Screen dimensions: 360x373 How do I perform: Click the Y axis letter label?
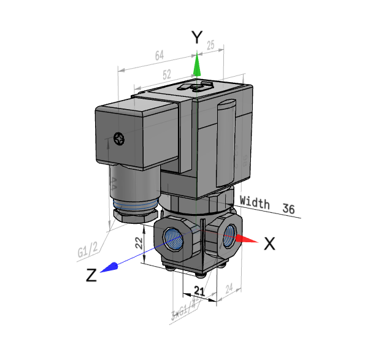click(196, 38)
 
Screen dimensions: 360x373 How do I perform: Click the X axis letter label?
click(269, 243)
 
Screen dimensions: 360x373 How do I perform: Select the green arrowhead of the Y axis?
click(197, 64)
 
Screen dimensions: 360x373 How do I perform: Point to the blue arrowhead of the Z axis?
click(110, 267)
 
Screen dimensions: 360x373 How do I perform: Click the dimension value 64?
click(160, 56)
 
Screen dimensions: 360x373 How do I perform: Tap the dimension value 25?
click(212, 46)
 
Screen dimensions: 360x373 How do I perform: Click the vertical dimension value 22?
click(138, 243)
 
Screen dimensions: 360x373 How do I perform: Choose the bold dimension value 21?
click(199, 290)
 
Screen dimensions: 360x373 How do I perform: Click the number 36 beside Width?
click(289, 209)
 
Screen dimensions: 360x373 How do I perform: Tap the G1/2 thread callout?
click(88, 250)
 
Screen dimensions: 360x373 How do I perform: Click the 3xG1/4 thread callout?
click(183, 310)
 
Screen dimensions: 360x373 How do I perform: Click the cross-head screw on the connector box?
click(118, 140)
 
